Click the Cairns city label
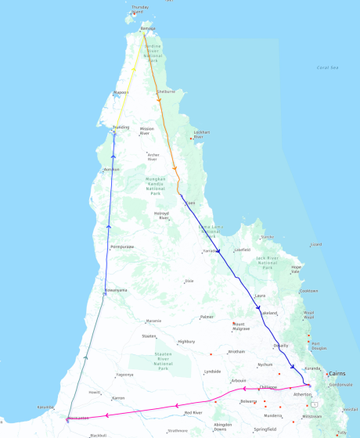click(339, 374)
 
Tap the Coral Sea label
click(328, 67)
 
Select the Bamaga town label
click(147, 29)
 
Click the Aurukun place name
click(112, 169)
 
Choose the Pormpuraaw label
click(122, 246)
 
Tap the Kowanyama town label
click(117, 291)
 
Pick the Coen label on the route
click(190, 203)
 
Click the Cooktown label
click(308, 291)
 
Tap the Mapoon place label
click(121, 92)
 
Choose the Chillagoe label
click(268, 386)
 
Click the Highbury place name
click(186, 341)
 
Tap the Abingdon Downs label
click(222, 426)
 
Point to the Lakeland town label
click(268, 313)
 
